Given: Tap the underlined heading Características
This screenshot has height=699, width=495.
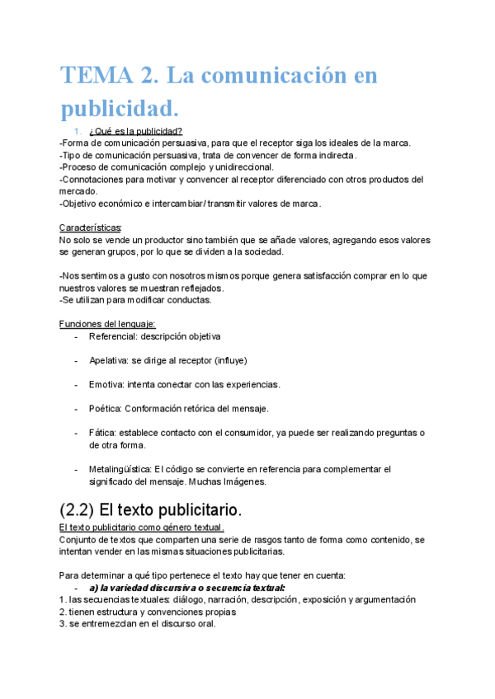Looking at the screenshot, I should point(91,228).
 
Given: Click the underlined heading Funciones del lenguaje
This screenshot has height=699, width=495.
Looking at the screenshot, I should point(107,324).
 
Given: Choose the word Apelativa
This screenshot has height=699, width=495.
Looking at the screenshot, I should point(110,360).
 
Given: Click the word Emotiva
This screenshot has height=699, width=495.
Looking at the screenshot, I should point(106,384).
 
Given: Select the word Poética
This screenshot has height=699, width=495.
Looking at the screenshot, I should point(105,408).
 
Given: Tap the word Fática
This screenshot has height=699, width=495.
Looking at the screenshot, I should point(102,433).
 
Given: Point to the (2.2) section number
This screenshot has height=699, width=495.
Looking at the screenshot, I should point(82,509).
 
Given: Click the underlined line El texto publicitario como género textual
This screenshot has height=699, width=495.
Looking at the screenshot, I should point(142,528).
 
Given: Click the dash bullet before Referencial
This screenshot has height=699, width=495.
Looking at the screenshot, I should point(76,336).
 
